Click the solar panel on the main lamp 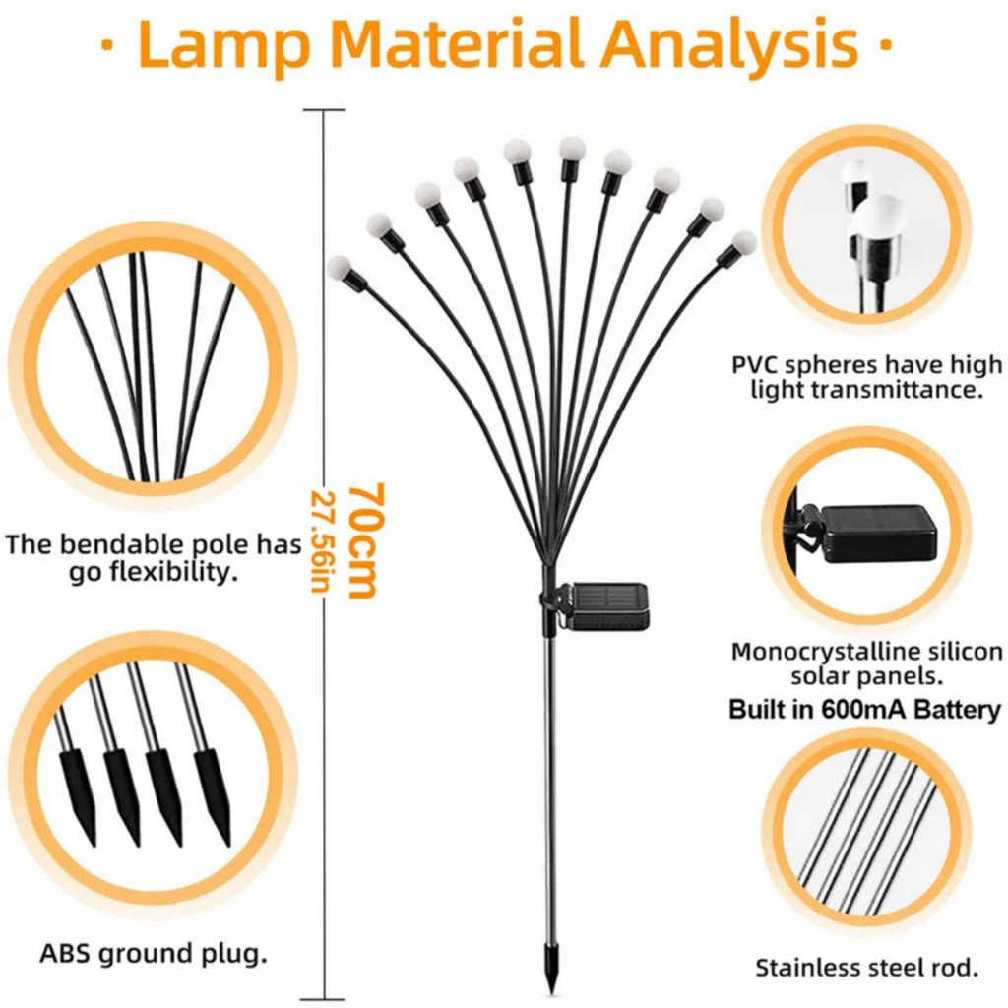606,605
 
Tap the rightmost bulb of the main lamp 744,243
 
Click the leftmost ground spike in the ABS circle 78,794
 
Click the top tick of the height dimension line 324,110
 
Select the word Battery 957,710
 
